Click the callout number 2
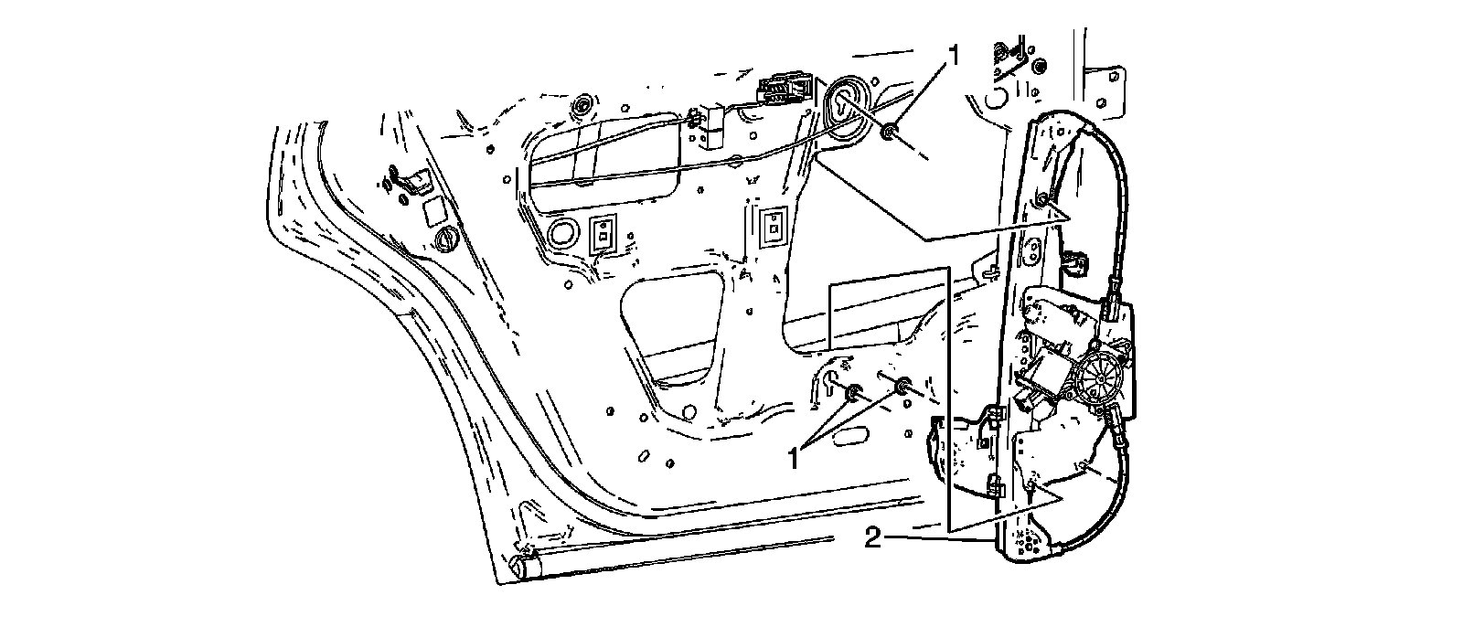[x=872, y=538]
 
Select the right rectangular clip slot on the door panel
[x=774, y=225]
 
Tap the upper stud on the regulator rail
[x=1041, y=199]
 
